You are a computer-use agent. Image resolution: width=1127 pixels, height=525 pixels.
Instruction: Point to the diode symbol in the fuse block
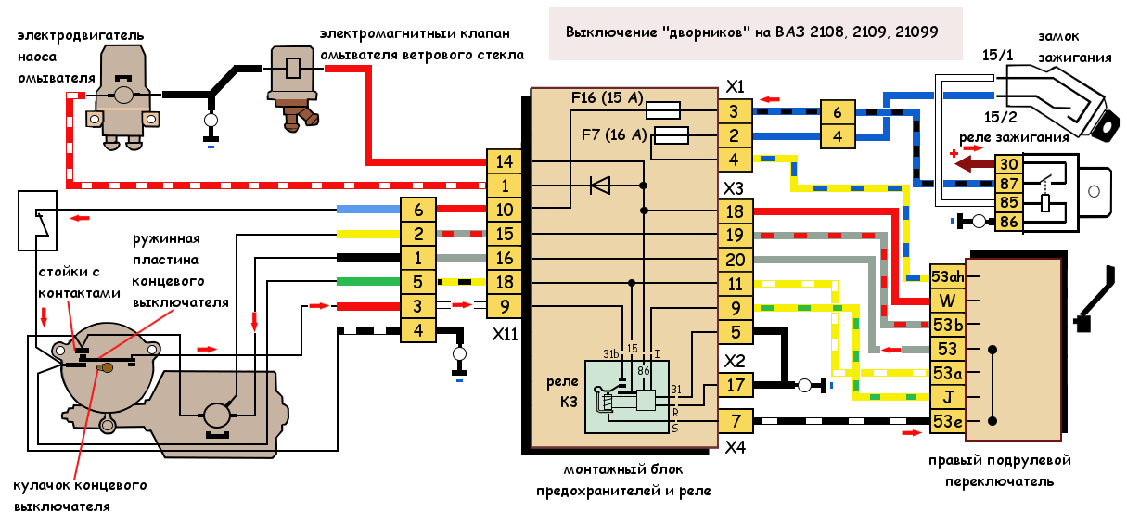[600, 186]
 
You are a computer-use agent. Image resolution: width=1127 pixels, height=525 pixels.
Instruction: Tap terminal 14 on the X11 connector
[505, 161]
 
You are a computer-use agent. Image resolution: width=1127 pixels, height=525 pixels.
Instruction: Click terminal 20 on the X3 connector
[735, 260]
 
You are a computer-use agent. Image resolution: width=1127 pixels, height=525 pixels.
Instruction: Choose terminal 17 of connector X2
[735, 383]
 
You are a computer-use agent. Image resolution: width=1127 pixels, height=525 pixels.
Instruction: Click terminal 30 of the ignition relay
[1008, 164]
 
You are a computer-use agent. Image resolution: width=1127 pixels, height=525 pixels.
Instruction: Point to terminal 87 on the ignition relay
[1008, 183]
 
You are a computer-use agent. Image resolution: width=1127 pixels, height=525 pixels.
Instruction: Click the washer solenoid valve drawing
[293, 83]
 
